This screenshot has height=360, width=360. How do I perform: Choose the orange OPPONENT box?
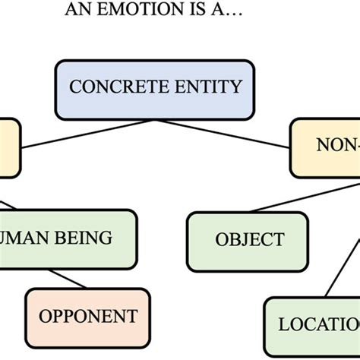click(x=88, y=315)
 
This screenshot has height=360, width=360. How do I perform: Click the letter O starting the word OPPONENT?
click(x=44, y=315)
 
